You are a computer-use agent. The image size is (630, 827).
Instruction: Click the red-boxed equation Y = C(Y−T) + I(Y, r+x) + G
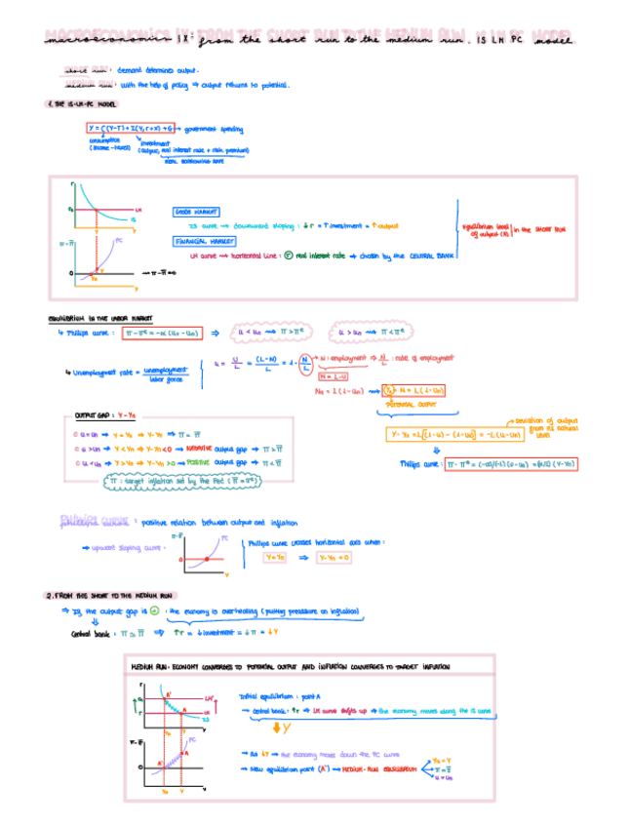[x=129, y=128]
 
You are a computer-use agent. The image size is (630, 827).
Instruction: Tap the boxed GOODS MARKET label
[x=196, y=212]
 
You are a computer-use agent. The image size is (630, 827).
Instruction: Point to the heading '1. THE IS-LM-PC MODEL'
[x=83, y=105]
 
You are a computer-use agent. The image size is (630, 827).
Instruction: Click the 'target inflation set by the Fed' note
[x=173, y=481]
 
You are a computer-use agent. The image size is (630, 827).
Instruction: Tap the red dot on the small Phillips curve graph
[x=207, y=558]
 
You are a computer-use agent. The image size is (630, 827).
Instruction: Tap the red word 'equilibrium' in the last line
[x=393, y=768]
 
